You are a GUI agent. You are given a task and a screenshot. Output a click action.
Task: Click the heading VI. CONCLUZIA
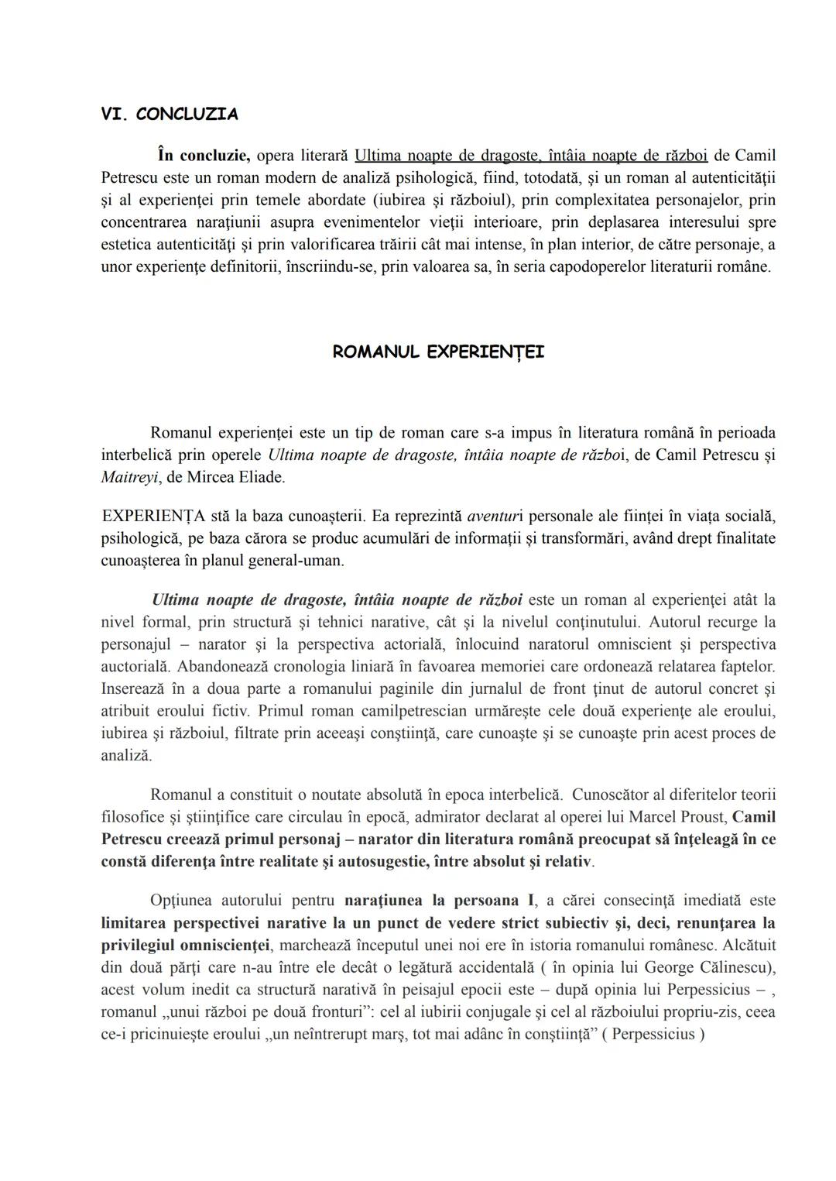[x=170, y=115]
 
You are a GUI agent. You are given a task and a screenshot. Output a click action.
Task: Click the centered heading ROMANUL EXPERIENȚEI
[x=438, y=352]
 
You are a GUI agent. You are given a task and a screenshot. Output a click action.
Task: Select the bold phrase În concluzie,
[x=203, y=156]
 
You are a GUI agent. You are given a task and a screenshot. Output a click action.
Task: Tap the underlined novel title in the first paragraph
[x=530, y=156]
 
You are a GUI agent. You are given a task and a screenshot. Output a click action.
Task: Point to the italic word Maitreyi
[x=127, y=477]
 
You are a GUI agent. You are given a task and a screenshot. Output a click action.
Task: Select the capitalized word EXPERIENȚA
[x=153, y=516]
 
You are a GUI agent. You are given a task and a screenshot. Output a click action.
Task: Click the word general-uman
[x=303, y=560]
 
